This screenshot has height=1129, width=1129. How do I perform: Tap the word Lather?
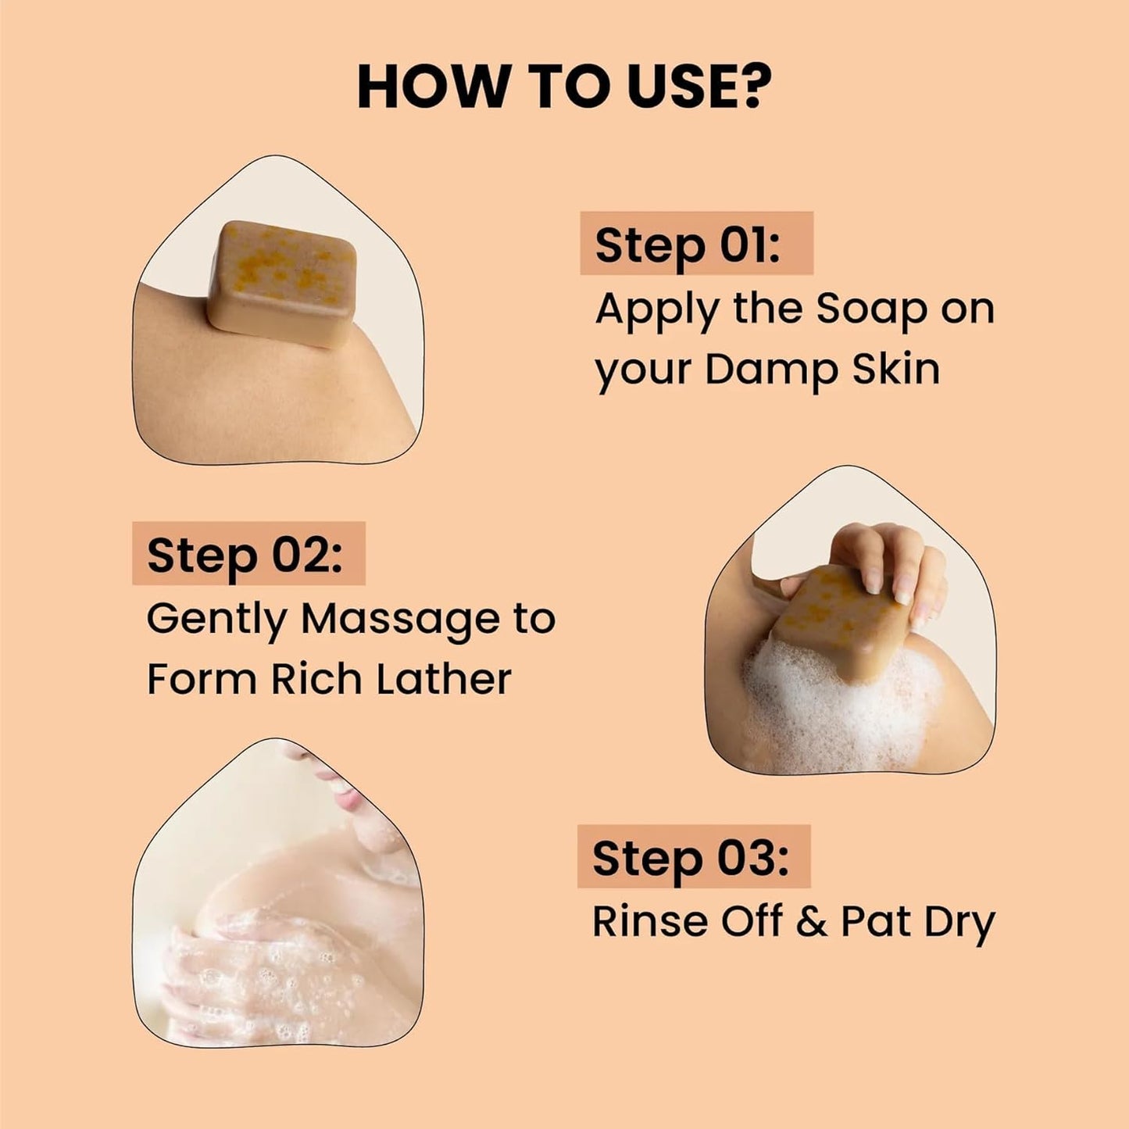(443, 678)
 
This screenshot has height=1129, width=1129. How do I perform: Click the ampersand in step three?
(812, 921)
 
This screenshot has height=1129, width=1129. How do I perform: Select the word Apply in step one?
(656, 310)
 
